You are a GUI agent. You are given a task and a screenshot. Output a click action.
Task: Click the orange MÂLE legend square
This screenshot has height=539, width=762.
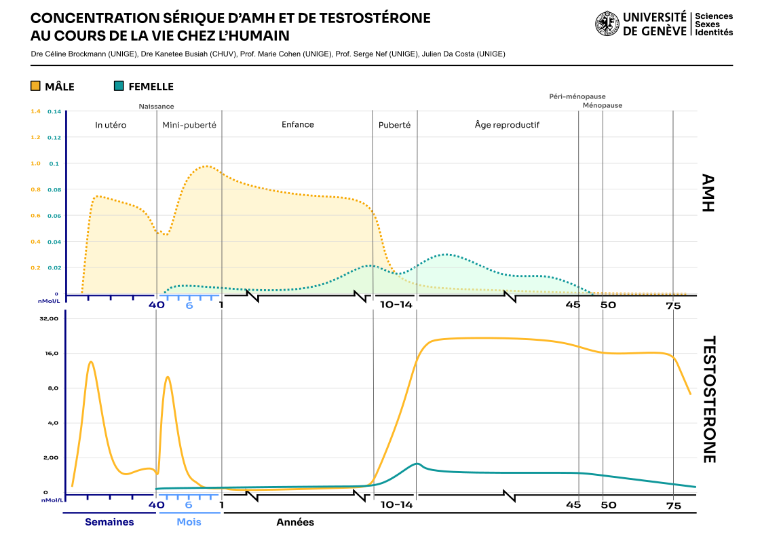(35, 86)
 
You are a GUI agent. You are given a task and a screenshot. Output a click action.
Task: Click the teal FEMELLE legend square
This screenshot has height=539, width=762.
(119, 86)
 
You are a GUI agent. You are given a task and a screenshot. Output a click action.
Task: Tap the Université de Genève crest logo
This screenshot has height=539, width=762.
(607, 24)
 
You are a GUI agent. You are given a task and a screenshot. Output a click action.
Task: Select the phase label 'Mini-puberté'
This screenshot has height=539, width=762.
(189, 125)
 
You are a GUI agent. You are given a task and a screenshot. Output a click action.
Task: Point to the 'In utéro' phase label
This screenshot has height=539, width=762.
(111, 125)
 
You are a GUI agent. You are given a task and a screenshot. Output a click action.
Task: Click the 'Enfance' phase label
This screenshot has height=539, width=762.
(298, 124)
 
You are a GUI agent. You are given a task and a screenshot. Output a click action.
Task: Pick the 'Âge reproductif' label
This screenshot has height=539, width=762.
(507, 125)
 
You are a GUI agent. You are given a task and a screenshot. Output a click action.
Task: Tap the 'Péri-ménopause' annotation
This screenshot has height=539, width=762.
(577, 96)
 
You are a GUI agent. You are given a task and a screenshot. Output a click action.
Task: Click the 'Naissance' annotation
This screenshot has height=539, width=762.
(156, 106)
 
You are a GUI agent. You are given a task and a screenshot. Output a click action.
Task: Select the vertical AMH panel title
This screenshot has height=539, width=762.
(708, 193)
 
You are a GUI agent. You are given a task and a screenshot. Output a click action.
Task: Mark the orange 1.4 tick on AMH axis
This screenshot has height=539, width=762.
(35, 111)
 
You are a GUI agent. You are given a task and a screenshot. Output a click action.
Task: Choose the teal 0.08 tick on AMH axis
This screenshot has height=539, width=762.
(53, 189)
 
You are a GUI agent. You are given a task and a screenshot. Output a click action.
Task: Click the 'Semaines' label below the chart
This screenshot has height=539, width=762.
(109, 522)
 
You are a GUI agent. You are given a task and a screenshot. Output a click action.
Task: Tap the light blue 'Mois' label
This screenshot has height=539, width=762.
(189, 522)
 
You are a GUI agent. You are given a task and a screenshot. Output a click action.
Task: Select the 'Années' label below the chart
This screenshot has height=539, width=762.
(295, 522)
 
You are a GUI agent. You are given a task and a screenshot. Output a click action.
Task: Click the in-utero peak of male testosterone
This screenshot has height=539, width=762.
(91, 362)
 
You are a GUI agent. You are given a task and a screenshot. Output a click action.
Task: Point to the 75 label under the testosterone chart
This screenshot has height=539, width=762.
(673, 506)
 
